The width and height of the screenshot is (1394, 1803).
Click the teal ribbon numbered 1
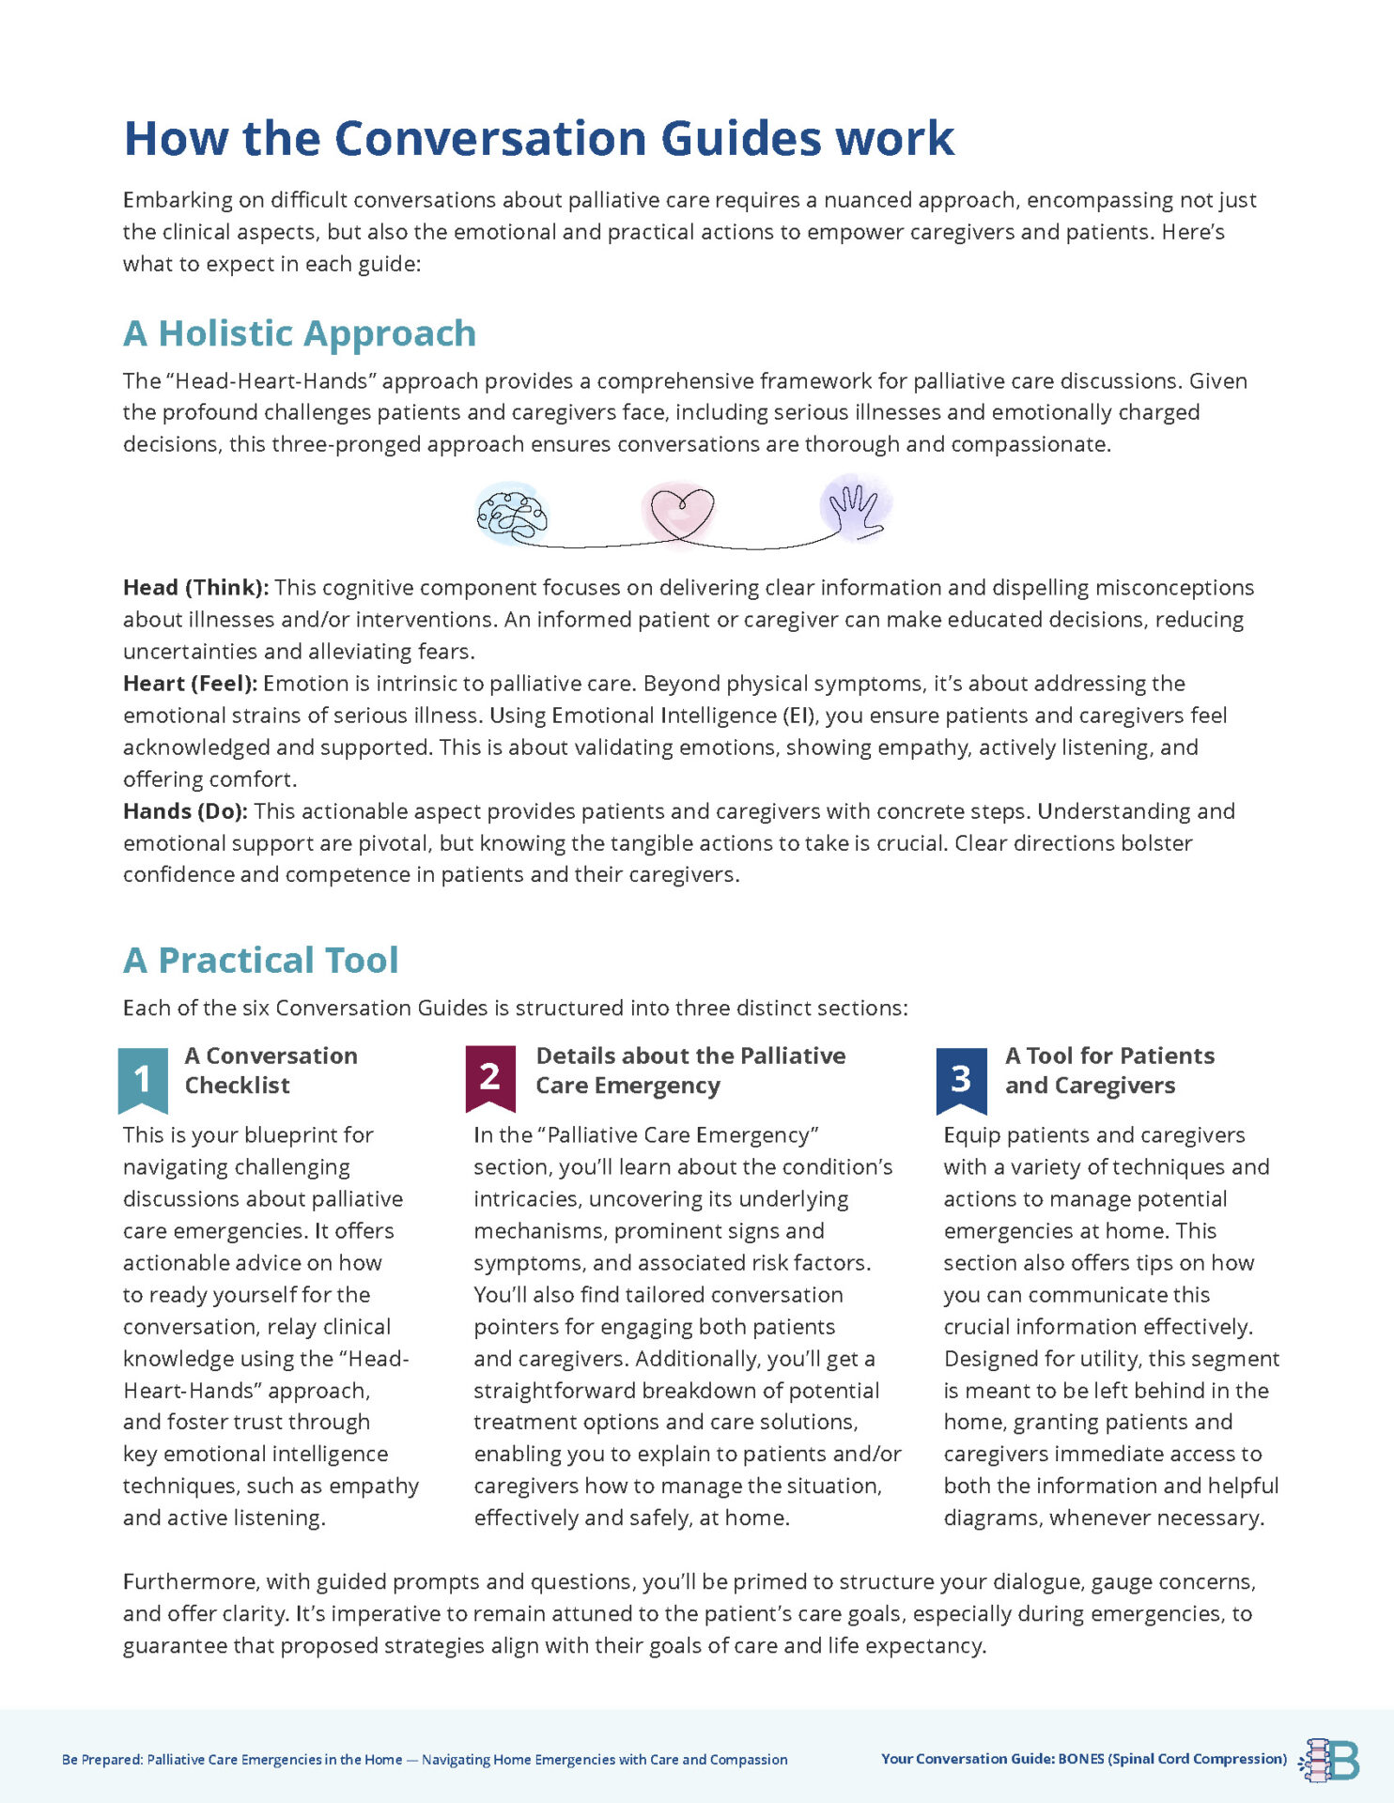click(x=143, y=1078)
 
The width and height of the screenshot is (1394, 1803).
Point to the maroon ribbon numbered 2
click(x=489, y=1076)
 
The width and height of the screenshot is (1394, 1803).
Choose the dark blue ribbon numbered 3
click(x=961, y=1078)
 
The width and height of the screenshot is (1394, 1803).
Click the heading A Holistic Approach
click(x=300, y=333)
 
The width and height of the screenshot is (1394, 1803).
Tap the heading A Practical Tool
click(x=261, y=960)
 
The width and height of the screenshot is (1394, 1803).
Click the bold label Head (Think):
click(x=195, y=588)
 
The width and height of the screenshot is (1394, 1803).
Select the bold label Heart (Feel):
click(x=190, y=684)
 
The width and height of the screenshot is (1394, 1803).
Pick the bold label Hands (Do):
click(x=185, y=811)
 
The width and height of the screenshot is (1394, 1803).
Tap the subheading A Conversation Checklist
click(x=271, y=1070)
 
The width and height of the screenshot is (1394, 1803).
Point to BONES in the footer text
click(x=1081, y=1759)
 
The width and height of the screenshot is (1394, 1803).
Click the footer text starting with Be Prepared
click(x=424, y=1760)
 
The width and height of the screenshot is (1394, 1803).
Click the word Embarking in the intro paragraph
click(x=177, y=200)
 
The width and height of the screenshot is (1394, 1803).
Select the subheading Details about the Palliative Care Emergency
click(x=689, y=1070)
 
